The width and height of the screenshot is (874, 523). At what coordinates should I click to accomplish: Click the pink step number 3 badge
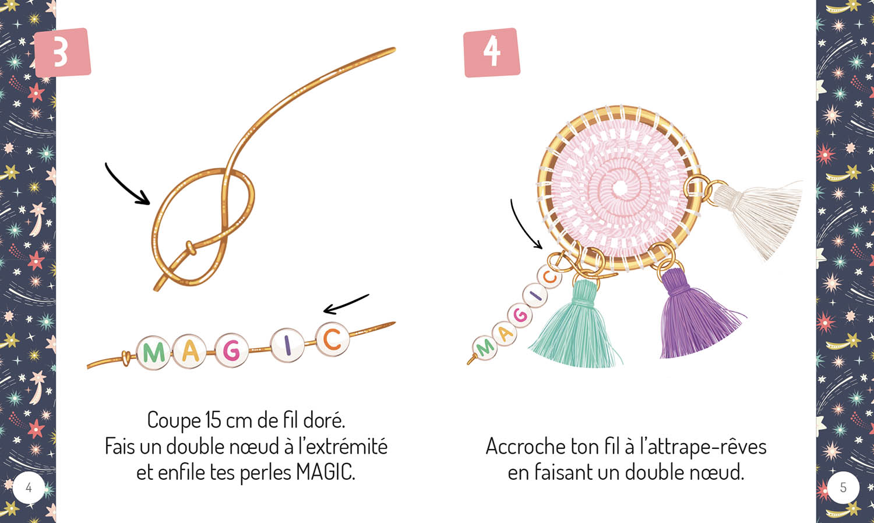click(x=62, y=52)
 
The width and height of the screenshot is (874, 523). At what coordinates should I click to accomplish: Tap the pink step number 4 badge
click(x=491, y=52)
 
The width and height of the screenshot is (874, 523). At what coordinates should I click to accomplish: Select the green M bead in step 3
click(x=154, y=352)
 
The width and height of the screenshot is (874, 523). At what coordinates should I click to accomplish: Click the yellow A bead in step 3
click(x=190, y=351)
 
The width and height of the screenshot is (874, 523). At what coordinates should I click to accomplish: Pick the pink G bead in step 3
click(x=231, y=350)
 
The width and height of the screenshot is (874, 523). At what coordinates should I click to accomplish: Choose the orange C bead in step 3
click(x=332, y=339)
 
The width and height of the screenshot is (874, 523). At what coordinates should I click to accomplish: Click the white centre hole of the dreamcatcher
click(x=619, y=188)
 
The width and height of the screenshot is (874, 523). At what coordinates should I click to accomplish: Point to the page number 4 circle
click(x=29, y=487)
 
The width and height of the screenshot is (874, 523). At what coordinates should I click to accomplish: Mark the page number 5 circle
click(x=843, y=487)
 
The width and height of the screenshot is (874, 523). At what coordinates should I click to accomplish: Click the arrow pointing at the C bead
click(x=346, y=304)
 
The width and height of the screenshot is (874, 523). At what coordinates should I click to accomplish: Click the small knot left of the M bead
click(x=125, y=357)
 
